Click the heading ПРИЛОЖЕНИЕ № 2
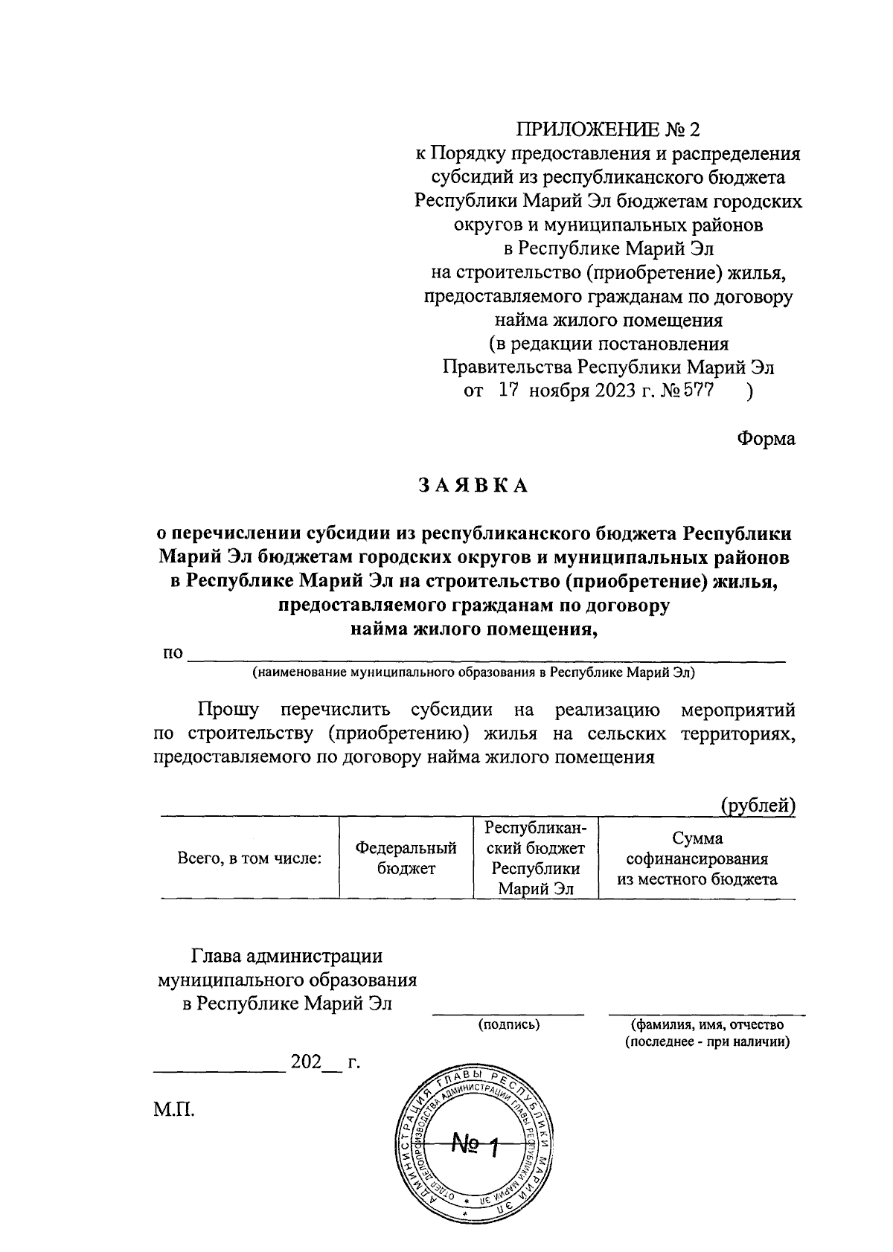609,130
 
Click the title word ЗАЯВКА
473,486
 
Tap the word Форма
766,439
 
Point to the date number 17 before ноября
508,391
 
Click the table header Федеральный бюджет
406,858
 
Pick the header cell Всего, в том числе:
249,858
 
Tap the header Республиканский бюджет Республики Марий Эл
535,858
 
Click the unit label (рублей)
758,805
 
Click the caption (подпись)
509,1025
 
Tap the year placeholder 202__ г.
325,1062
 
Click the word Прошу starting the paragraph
228,710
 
